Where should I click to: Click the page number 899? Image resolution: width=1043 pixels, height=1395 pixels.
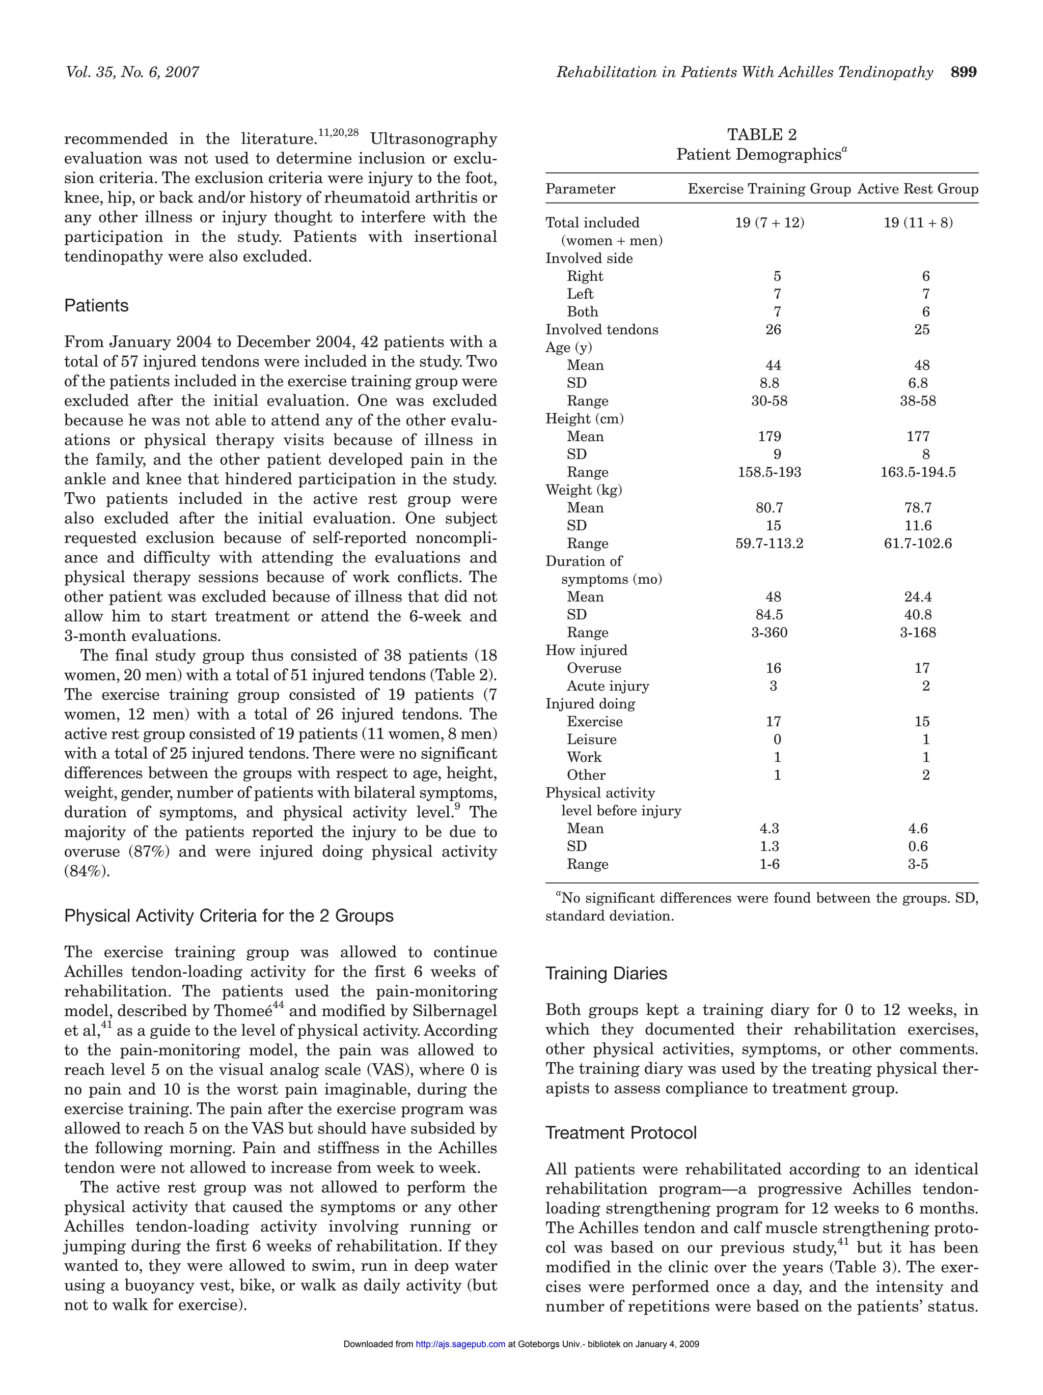[963, 73]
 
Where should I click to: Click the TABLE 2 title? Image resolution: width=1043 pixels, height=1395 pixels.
[761, 135]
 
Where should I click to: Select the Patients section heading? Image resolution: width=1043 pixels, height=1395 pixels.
[97, 306]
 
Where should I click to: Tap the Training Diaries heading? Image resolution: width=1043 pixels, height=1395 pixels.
[606, 973]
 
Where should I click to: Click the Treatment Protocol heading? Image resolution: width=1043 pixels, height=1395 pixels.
[621, 1133]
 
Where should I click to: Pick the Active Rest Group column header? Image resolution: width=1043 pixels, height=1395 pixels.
[917, 189]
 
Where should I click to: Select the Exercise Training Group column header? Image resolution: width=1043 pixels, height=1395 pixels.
[769, 189]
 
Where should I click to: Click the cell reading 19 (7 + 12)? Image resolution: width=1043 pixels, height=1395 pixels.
[769, 222]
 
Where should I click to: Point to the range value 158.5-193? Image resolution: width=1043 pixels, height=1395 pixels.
[769, 472]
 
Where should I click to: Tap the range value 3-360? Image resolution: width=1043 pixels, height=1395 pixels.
[769, 633]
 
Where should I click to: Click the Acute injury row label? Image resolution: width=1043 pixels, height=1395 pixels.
[608, 686]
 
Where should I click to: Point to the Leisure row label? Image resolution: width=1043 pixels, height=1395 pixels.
[591, 740]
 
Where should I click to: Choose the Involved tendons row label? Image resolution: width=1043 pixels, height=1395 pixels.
[601, 330]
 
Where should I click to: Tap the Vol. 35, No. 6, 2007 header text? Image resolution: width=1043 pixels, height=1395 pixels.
[132, 73]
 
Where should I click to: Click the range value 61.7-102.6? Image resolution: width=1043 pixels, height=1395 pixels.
[917, 544]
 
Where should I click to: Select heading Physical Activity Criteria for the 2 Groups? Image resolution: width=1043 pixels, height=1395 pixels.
[229, 916]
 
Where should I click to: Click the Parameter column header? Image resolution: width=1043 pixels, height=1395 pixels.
[580, 189]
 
